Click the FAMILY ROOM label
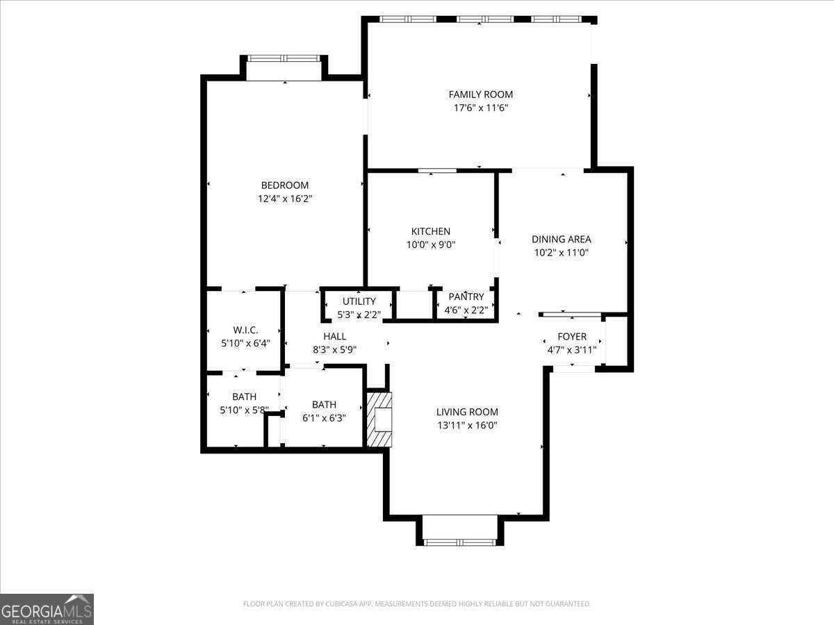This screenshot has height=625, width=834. pyautogui.click(x=480, y=94)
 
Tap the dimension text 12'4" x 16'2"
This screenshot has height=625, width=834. pyautogui.click(x=285, y=199)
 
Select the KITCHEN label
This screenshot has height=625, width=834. pyautogui.click(x=431, y=231)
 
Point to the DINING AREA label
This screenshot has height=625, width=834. pyautogui.click(x=562, y=240)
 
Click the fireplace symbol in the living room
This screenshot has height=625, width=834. pyautogui.click(x=380, y=420)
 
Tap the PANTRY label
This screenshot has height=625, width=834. pyautogui.click(x=466, y=297)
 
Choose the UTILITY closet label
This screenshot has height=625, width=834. pyautogui.click(x=359, y=301)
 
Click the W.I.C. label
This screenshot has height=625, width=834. pyautogui.click(x=245, y=331)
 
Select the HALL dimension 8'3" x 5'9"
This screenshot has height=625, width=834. pyautogui.click(x=334, y=350)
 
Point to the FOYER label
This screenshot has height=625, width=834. pyautogui.click(x=572, y=337)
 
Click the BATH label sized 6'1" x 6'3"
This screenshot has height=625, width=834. pyautogui.click(x=324, y=405)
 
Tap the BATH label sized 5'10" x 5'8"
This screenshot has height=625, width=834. pyautogui.click(x=244, y=397)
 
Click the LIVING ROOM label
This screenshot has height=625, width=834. pyautogui.click(x=467, y=412)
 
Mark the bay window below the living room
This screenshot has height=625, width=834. pyautogui.click(x=459, y=541)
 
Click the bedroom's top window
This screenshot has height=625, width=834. pyautogui.click(x=284, y=59)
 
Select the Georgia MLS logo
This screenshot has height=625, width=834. pyautogui.click(x=47, y=609)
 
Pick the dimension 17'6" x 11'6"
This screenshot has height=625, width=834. pyautogui.click(x=480, y=108)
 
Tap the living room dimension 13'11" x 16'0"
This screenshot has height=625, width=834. pyautogui.click(x=467, y=425)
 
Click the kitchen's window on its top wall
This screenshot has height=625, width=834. pyautogui.click(x=437, y=170)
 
